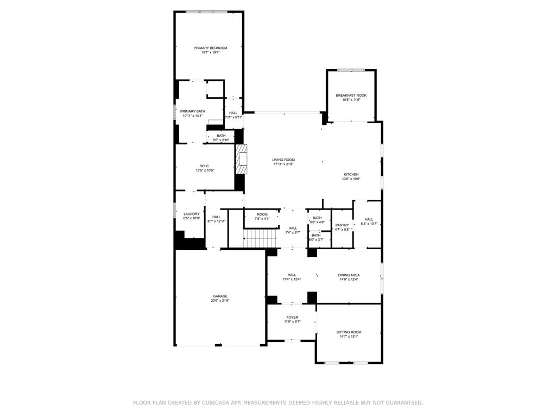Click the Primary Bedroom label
click(x=210, y=48)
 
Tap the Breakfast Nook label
click(x=351, y=95)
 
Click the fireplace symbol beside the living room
click(x=242, y=160)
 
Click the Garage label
click(x=220, y=296)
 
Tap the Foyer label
click(x=292, y=317)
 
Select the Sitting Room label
click(x=349, y=332)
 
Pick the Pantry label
click(x=342, y=225)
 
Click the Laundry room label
click(x=192, y=214)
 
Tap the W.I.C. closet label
click(x=205, y=166)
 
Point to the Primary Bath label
click(x=193, y=111)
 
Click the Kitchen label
click(x=351, y=174)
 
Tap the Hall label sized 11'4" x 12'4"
click(x=292, y=275)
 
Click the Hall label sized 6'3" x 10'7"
click(x=369, y=219)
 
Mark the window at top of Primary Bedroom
click(x=206, y=12)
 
